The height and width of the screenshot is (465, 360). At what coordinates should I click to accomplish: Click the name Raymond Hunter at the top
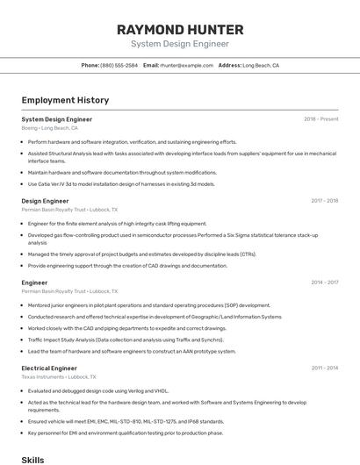(180, 30)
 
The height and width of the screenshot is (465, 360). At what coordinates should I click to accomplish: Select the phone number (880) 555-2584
(119, 65)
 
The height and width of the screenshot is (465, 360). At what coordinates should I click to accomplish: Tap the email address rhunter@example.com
(187, 65)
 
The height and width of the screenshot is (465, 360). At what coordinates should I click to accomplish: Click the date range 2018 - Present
(320, 119)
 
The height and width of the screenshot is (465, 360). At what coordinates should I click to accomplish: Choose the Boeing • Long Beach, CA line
(49, 128)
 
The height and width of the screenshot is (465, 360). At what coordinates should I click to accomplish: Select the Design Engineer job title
(45, 201)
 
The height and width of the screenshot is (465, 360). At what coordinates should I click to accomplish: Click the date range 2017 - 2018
(324, 201)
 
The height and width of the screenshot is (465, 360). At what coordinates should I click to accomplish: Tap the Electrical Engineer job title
(49, 368)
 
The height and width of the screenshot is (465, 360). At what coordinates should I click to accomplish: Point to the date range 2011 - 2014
(324, 368)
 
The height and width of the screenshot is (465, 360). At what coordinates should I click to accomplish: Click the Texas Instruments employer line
(59, 377)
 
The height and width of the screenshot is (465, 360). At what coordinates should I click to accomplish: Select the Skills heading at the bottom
(32, 459)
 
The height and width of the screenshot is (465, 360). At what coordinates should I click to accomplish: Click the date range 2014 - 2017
(324, 283)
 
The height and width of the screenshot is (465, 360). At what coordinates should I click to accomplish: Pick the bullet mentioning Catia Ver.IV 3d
(121, 184)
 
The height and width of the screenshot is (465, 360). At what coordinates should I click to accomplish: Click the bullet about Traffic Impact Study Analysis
(126, 339)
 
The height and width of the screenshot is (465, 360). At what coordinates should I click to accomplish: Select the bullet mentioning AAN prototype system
(132, 351)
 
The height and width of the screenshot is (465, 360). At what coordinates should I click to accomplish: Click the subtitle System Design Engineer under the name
(180, 44)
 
